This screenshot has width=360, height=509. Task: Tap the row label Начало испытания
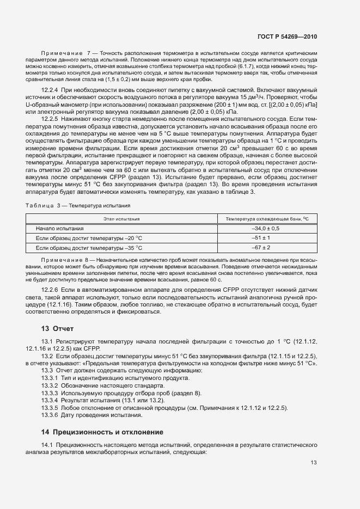pos(59,228)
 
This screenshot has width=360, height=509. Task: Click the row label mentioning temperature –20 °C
pos(89,238)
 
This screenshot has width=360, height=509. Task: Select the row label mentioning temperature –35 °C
pos(89,248)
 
